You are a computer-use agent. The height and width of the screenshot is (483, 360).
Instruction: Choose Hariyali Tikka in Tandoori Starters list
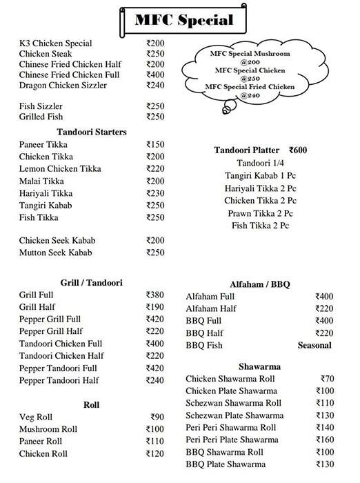pyautogui.click(x=46, y=193)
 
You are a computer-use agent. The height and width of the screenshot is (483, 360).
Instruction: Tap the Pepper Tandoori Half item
pyautogui.click(x=60, y=380)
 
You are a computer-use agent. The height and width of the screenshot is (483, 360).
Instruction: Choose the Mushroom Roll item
pyautogui.click(x=48, y=429)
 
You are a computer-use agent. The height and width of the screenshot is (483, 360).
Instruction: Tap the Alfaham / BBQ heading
pyautogui.click(x=259, y=284)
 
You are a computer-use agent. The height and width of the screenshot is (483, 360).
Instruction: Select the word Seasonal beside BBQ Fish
pyautogui.click(x=314, y=345)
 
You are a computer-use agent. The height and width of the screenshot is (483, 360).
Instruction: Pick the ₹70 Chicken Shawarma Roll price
pyautogui.click(x=327, y=378)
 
